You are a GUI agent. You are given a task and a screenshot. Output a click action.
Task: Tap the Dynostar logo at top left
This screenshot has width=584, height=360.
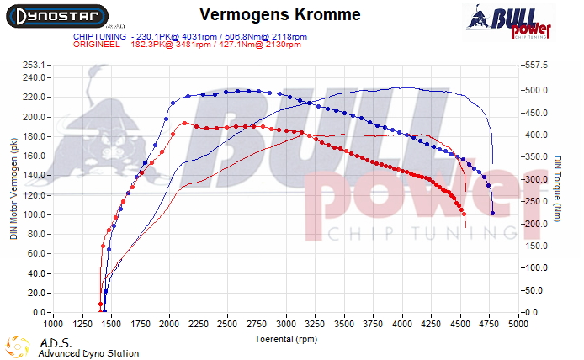point(58,14)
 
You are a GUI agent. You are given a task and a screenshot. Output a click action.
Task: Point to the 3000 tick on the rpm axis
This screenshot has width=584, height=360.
point(286,323)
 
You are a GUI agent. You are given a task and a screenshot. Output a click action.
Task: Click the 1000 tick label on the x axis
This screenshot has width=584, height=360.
point(53,323)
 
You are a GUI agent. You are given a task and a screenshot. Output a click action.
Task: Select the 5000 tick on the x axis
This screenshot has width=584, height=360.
point(518,323)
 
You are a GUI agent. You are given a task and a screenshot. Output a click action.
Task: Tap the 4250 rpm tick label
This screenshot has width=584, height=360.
point(432,323)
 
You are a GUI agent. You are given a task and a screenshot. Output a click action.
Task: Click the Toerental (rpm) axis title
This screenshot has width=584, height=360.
point(285,338)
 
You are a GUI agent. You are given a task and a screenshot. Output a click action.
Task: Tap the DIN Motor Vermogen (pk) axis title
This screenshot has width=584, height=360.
point(13,188)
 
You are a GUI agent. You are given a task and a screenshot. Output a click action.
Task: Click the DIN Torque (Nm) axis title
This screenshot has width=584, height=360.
point(557,188)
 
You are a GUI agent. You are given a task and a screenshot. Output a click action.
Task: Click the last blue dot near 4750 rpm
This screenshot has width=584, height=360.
point(493,214)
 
